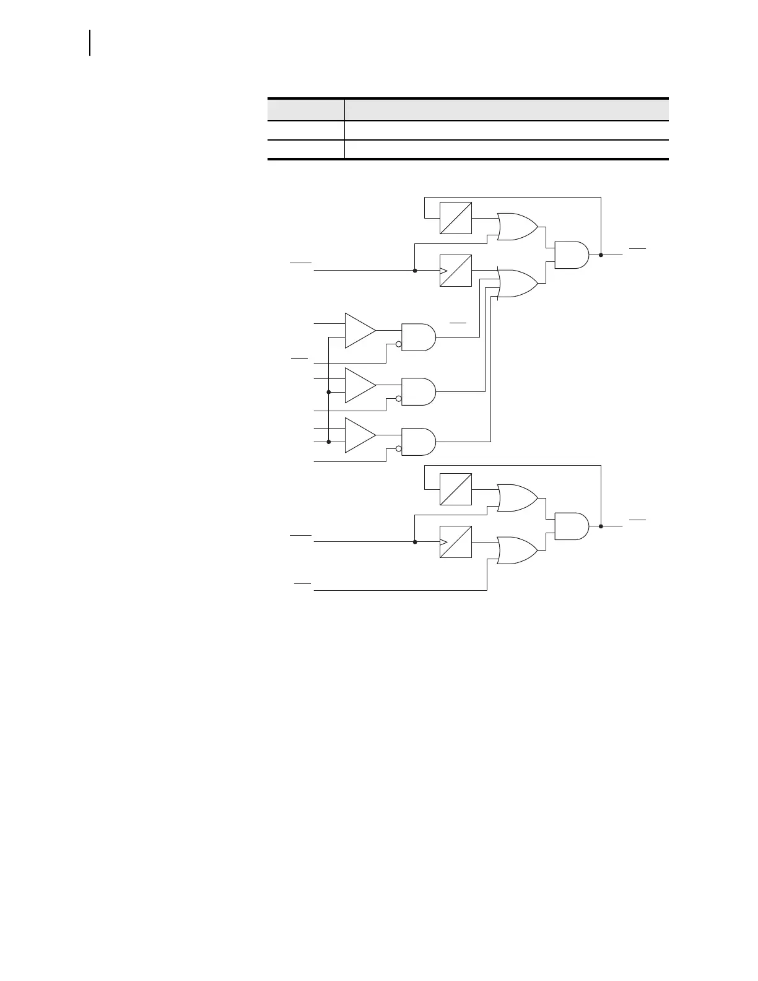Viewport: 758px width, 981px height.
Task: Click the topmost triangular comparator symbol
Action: (x=360, y=331)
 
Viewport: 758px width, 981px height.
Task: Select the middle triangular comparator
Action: (x=360, y=385)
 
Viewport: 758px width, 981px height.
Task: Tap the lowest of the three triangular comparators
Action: (x=360, y=435)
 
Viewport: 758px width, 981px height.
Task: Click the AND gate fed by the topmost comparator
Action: (x=419, y=337)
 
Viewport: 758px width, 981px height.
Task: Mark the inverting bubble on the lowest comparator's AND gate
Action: (x=399, y=449)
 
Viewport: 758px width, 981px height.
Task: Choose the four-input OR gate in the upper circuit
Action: (x=518, y=284)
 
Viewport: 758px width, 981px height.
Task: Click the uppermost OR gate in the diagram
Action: (x=518, y=227)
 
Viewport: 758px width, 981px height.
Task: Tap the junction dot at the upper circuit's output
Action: (x=601, y=255)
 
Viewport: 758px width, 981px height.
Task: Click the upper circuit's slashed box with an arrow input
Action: (x=456, y=271)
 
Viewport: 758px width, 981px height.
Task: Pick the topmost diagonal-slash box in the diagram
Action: (x=456, y=218)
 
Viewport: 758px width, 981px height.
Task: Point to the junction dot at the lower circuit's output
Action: (x=601, y=526)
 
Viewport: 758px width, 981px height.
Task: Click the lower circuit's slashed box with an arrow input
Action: (x=456, y=542)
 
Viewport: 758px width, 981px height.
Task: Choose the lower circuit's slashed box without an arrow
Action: (x=456, y=489)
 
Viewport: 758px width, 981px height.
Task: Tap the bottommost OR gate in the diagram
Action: (x=518, y=551)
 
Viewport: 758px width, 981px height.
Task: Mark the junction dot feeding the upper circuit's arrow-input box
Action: (x=414, y=271)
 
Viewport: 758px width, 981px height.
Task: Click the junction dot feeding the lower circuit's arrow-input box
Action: (x=414, y=542)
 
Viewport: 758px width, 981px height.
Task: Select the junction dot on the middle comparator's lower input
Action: (x=328, y=392)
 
